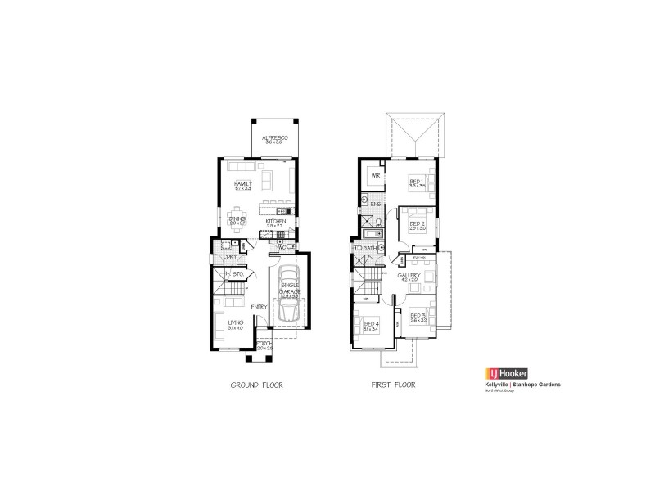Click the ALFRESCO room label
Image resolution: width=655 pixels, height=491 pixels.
coord(274,139)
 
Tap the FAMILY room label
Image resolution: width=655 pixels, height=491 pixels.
coord(242,183)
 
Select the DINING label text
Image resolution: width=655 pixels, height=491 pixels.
coord(237,218)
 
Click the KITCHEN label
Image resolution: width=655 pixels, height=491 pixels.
coord(274,221)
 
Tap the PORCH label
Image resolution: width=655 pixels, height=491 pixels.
coord(264,344)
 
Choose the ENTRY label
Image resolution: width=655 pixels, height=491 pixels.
coord(260,307)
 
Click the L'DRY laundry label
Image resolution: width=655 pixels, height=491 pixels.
coord(230,257)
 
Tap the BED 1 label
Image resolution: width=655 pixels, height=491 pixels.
coord(416,182)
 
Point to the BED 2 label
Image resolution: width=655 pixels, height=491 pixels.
coord(417,223)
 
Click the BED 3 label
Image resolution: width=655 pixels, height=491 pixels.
coord(418,315)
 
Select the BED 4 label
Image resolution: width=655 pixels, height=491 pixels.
coord(369,324)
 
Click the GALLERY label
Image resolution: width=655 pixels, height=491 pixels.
coord(409,276)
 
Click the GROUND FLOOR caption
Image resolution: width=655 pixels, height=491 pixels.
coord(256,384)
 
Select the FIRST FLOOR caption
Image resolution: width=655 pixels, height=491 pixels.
coord(393,384)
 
